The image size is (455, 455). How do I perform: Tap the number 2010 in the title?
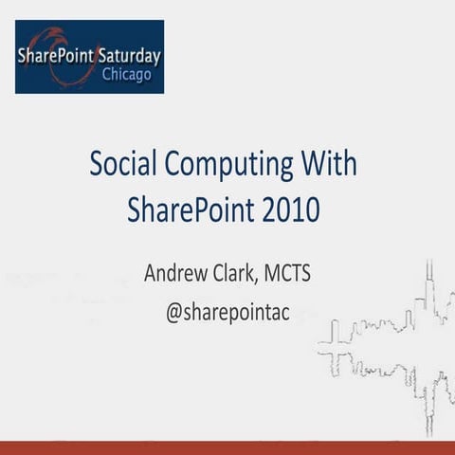(x=293, y=209)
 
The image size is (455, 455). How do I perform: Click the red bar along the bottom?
(x=227, y=447)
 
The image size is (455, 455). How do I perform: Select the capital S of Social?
(x=96, y=165)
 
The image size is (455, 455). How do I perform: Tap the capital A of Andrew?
(x=151, y=274)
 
